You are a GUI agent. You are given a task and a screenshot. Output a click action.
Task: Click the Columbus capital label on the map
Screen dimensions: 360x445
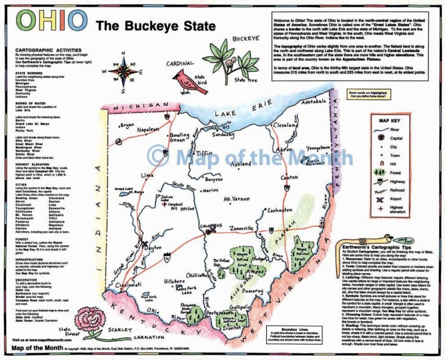(x=207, y=226)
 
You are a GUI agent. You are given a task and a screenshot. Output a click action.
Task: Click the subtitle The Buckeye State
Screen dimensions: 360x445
(x=155, y=26)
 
